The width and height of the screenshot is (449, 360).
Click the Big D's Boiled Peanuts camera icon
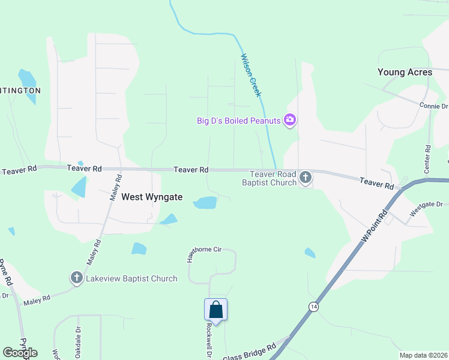click(x=290, y=121)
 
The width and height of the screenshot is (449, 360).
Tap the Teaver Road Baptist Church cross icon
click(x=306, y=177)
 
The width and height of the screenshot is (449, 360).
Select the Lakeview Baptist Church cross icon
click(x=76, y=278)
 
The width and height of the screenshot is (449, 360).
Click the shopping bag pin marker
click(x=215, y=311)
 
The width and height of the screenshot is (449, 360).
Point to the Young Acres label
click(x=405, y=72)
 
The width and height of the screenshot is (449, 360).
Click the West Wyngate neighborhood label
click(x=152, y=197)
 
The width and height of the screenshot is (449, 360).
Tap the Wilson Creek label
click(x=251, y=75)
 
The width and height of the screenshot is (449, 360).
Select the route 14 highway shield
click(x=313, y=307)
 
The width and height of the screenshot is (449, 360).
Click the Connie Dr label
click(x=433, y=106)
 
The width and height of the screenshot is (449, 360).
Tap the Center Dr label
click(x=427, y=159)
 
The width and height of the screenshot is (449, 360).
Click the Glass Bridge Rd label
click(x=249, y=353)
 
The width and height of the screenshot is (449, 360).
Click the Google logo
click(x=20, y=353)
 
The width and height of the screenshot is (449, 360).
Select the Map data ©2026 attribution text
click(x=424, y=355)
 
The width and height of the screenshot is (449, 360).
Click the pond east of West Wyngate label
click(x=205, y=203)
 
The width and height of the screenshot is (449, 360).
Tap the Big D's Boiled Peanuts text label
click(x=239, y=121)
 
